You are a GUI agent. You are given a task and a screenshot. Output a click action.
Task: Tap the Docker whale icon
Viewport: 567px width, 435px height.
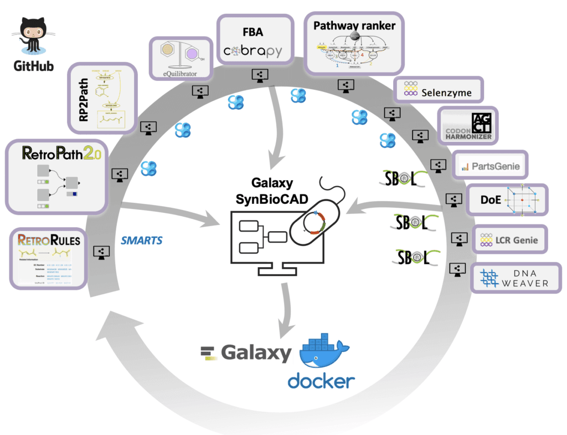click(x=324, y=352)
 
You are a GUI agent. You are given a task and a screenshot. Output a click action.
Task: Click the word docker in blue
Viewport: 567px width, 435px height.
click(x=321, y=381)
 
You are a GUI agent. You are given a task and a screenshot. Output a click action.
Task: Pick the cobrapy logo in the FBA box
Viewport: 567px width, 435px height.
click(x=252, y=52)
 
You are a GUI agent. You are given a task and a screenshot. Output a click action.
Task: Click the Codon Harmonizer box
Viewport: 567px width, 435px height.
click(x=468, y=125)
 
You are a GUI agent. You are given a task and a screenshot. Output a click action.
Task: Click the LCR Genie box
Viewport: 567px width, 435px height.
click(x=508, y=240)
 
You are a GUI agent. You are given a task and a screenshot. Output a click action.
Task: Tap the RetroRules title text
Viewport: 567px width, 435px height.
click(x=49, y=240)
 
